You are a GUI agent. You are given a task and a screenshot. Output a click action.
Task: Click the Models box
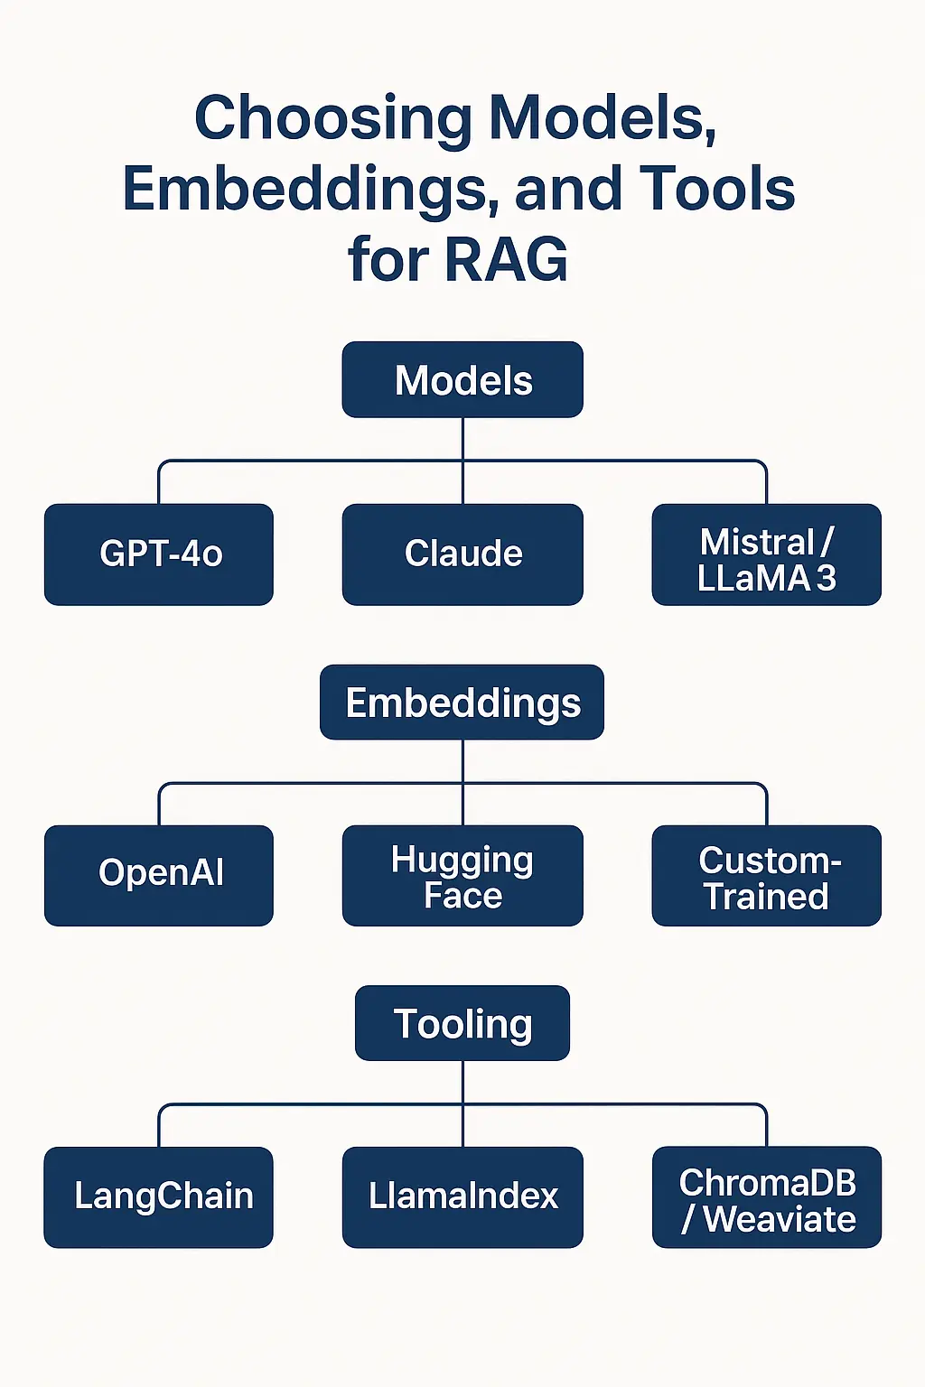[462, 379]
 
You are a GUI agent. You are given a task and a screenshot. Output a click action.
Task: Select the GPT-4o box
[159, 554]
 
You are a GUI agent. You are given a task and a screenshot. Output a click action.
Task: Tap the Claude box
[462, 554]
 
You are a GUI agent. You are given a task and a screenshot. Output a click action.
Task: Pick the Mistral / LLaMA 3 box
[766, 554]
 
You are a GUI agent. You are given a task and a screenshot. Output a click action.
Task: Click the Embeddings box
[462, 703]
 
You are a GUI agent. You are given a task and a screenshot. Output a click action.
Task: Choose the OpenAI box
[159, 874]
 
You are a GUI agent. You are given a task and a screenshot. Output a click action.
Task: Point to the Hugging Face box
[462, 874]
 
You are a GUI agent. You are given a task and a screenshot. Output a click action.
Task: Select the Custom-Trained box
[766, 874]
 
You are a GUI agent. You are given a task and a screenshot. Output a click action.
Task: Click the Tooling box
[462, 1023]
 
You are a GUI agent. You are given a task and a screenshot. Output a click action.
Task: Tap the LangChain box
[159, 1196]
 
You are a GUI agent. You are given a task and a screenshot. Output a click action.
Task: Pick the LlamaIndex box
[462, 1196]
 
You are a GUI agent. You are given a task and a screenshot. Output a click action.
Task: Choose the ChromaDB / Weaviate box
[766, 1196]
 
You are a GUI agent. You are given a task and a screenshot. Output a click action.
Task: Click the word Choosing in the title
[333, 119]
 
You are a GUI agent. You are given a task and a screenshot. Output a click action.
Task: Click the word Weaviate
[779, 1219]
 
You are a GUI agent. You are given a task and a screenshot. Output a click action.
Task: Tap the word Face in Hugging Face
[462, 896]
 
